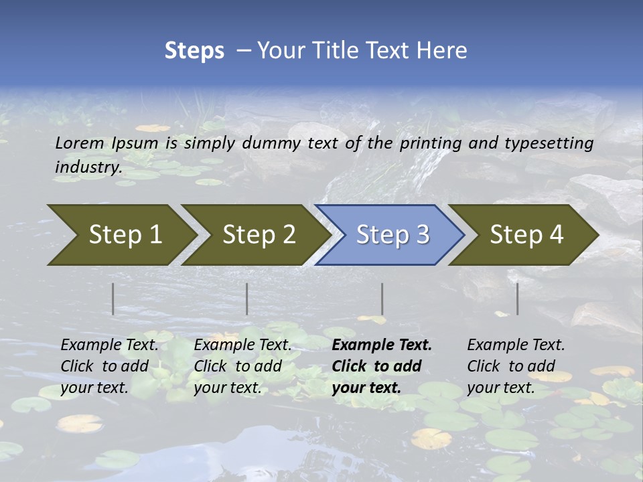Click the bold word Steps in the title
(194, 51)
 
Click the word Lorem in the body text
(80, 143)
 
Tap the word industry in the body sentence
(88, 167)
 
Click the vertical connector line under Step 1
(113, 299)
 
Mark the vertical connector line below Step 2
(246, 299)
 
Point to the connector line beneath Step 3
(382, 299)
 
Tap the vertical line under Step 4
(517, 299)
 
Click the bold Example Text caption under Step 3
(382, 366)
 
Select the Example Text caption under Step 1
(109, 366)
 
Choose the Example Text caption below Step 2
(242, 366)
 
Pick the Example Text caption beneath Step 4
(516, 366)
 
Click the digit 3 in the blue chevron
(422, 234)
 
